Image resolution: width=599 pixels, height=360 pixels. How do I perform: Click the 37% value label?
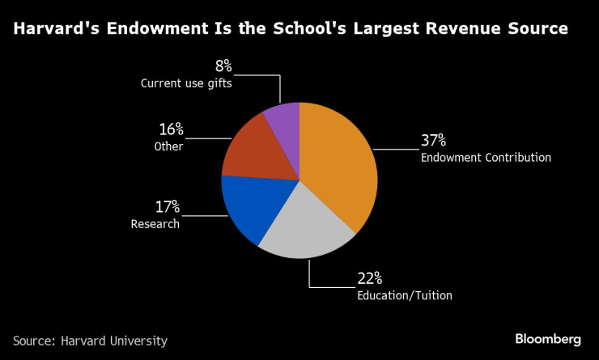coord(434,140)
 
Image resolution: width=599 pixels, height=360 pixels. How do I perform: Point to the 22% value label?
coord(371,279)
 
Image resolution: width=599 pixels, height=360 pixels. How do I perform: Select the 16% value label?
coord(170,129)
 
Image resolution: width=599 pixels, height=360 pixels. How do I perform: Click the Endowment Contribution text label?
coord(486,158)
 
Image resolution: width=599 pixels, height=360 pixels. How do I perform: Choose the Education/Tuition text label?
coord(404,295)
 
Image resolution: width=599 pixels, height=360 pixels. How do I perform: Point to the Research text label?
coord(155,224)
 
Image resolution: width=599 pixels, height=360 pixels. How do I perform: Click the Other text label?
coord(168,146)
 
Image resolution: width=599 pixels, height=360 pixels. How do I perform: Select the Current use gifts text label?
coord(186,83)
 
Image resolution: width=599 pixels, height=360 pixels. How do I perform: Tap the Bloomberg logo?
coord(547,339)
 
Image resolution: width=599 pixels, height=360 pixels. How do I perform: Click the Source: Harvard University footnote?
coord(90,341)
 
